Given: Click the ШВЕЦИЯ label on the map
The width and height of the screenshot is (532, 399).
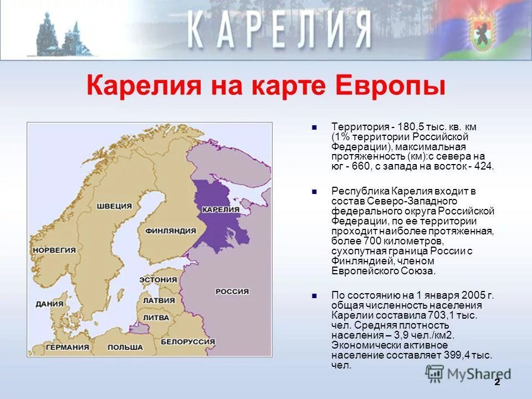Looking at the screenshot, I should coord(114,206).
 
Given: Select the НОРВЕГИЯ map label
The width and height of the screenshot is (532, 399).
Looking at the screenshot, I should coord(54,250).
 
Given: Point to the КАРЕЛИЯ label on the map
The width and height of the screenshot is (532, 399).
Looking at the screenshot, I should coord(221,209).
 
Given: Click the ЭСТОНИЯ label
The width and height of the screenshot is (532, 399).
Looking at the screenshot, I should coord(157,279).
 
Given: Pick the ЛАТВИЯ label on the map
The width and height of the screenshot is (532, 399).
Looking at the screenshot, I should coord(158,300).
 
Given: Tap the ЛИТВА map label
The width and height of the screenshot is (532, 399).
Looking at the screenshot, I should coord(156,318).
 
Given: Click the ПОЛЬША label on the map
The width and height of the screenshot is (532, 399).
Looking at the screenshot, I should coord(125,347).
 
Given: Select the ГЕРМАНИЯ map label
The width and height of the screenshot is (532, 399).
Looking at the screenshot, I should coord(67,347).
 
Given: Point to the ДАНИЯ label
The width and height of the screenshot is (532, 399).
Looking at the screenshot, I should coord(49,304).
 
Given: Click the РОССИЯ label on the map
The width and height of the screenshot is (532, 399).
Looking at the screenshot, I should coord(232,291).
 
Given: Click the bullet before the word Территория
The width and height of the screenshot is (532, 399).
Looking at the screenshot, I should coord(314,127).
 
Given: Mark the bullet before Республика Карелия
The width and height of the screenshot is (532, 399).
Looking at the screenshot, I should coord(314,191).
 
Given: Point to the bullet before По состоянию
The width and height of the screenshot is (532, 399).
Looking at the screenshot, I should coord(314,295).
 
